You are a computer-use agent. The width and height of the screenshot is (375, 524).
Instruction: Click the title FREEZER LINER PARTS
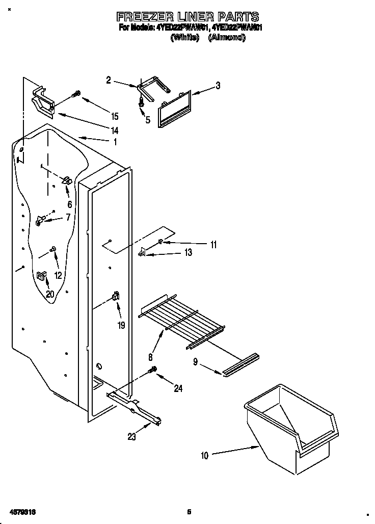[188, 17]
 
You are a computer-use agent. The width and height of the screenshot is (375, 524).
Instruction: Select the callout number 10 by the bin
[204, 456]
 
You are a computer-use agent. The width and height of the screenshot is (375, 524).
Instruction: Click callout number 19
[121, 325]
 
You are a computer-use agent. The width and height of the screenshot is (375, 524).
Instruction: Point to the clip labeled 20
[42, 276]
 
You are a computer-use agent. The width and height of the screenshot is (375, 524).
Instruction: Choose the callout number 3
[218, 86]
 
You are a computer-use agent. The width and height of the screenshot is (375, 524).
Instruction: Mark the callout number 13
[188, 253]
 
